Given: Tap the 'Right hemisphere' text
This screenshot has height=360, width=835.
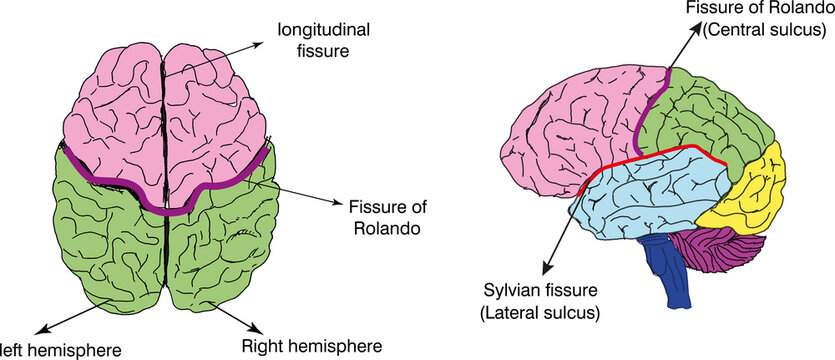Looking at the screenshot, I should (311, 347).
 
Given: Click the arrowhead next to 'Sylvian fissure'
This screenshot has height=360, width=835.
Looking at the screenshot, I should (542, 270).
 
